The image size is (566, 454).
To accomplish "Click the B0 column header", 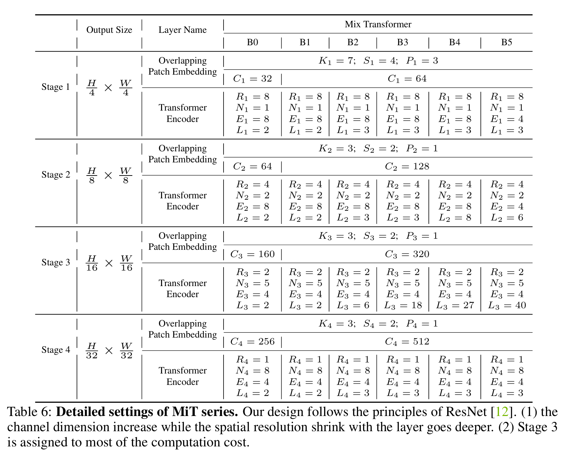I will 252,42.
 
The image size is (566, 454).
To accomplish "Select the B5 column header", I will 506,42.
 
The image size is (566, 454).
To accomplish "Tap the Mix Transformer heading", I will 378,24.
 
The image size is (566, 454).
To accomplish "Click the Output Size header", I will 109,30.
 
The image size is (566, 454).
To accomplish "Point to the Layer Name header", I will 182,30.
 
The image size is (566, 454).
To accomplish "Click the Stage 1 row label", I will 56,87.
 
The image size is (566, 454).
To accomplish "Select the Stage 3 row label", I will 56,262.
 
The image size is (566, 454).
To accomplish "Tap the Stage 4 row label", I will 56,350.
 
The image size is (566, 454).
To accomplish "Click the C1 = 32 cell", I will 252,79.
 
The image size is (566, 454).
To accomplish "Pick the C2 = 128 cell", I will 407,167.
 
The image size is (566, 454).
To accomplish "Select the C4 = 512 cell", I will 407,342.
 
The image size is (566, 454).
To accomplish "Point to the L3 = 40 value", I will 507,305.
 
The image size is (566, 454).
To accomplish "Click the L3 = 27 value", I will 455,305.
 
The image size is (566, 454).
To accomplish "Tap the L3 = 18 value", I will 403,305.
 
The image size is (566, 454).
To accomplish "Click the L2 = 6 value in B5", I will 507,218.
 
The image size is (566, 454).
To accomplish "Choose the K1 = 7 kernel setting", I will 337,61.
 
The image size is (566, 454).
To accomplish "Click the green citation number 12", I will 502,412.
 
